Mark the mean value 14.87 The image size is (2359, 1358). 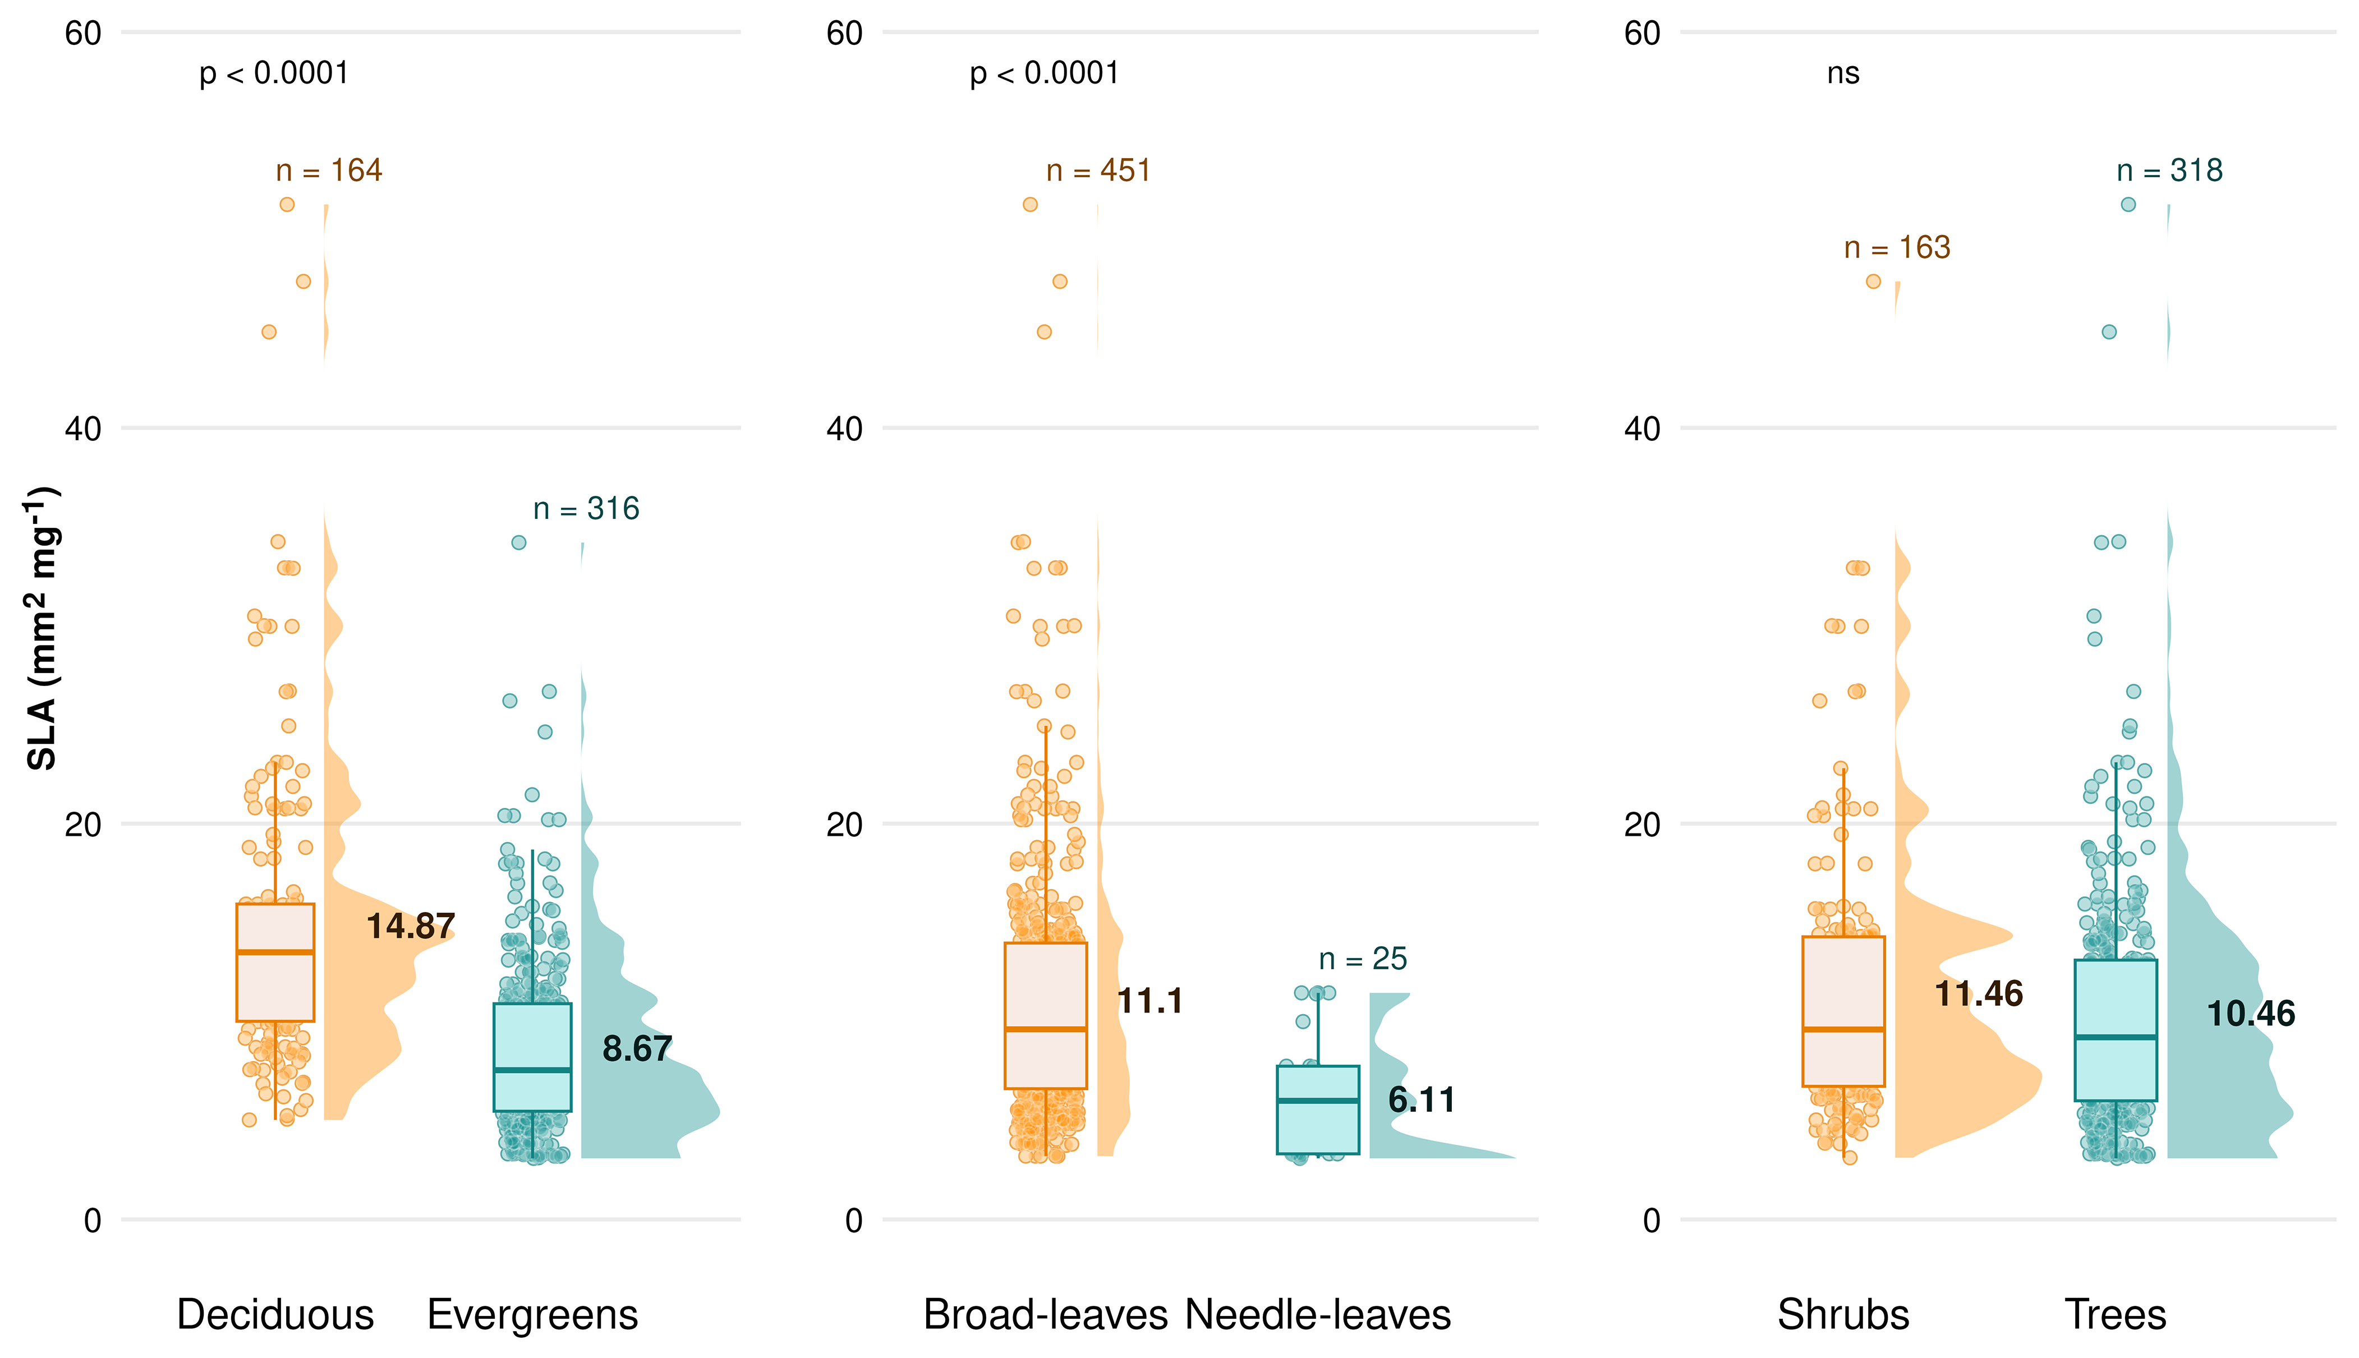411,926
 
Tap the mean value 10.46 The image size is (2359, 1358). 2251,1014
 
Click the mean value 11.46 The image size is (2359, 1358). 1979,995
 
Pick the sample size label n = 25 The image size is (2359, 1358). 1363,959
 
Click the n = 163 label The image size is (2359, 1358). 1897,248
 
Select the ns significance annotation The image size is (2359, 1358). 1843,73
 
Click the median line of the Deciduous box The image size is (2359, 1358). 275,952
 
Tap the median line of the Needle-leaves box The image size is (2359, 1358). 1317,1101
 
